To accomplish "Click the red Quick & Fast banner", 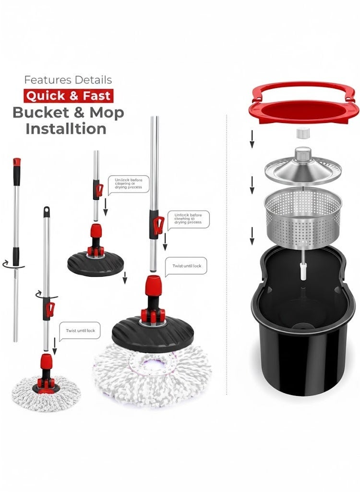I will coord(68,95).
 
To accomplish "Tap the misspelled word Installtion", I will coord(66,129).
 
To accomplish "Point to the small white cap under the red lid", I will coord(302,133).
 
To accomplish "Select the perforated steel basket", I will coord(302,214).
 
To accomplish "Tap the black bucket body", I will coord(302,351).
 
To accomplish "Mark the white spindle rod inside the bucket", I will coord(303,269).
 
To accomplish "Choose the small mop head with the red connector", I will coord(46,389).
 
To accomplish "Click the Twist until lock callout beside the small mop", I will coord(80,331).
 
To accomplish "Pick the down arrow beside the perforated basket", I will coord(252,236).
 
